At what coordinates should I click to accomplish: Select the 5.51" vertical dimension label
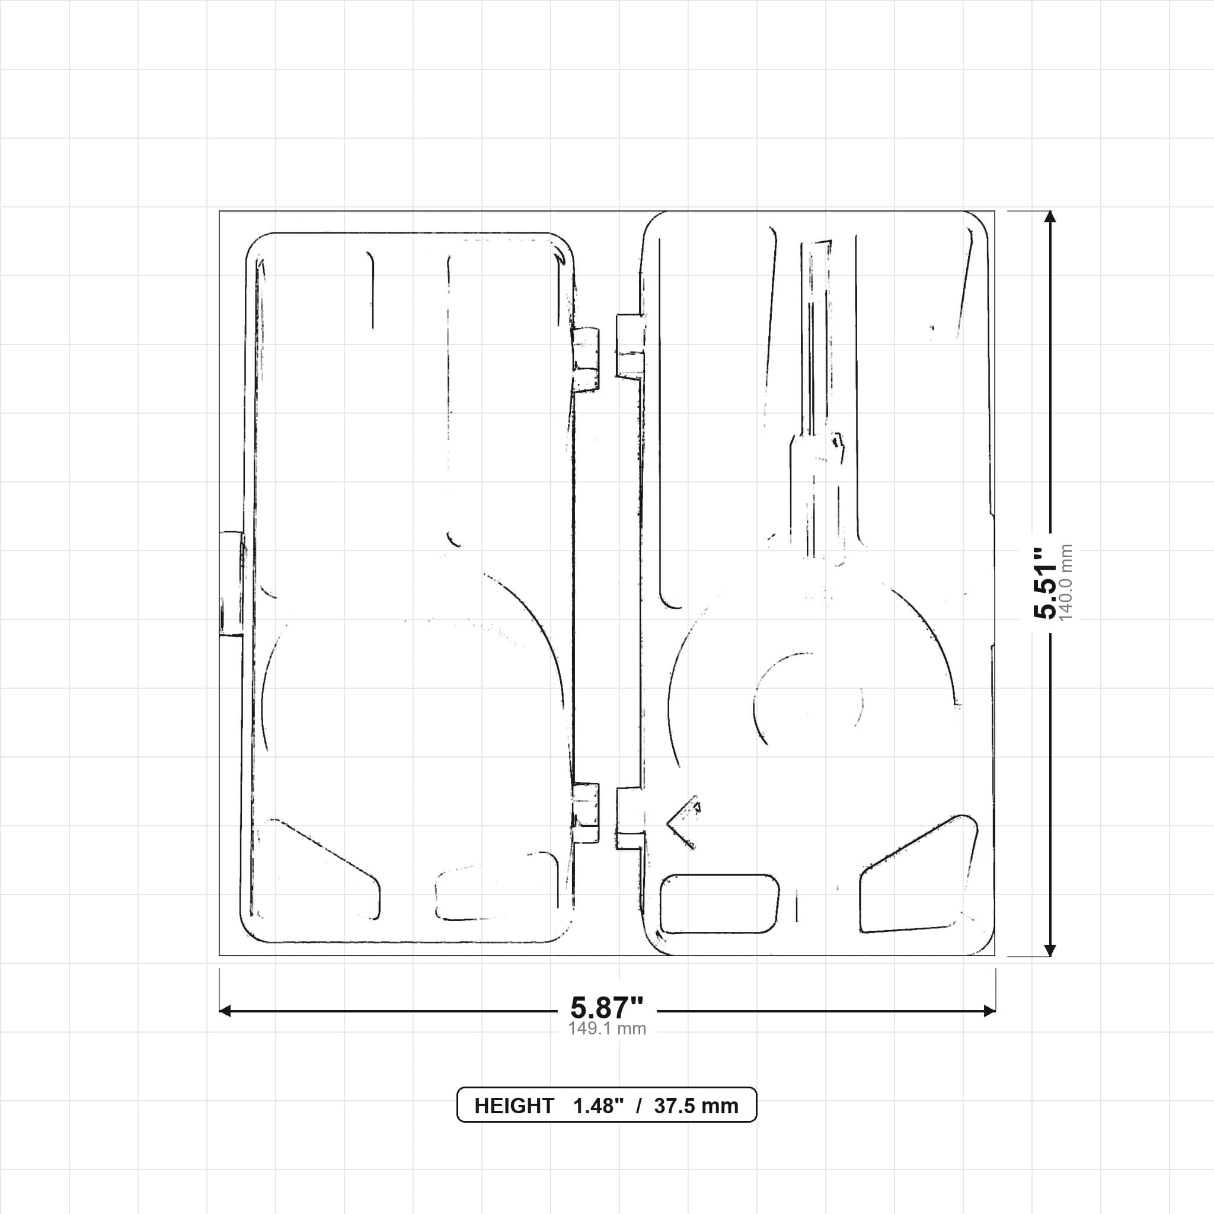(1046, 583)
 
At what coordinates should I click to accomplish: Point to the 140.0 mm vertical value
(1066, 583)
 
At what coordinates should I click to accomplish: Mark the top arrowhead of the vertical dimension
(1049, 217)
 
